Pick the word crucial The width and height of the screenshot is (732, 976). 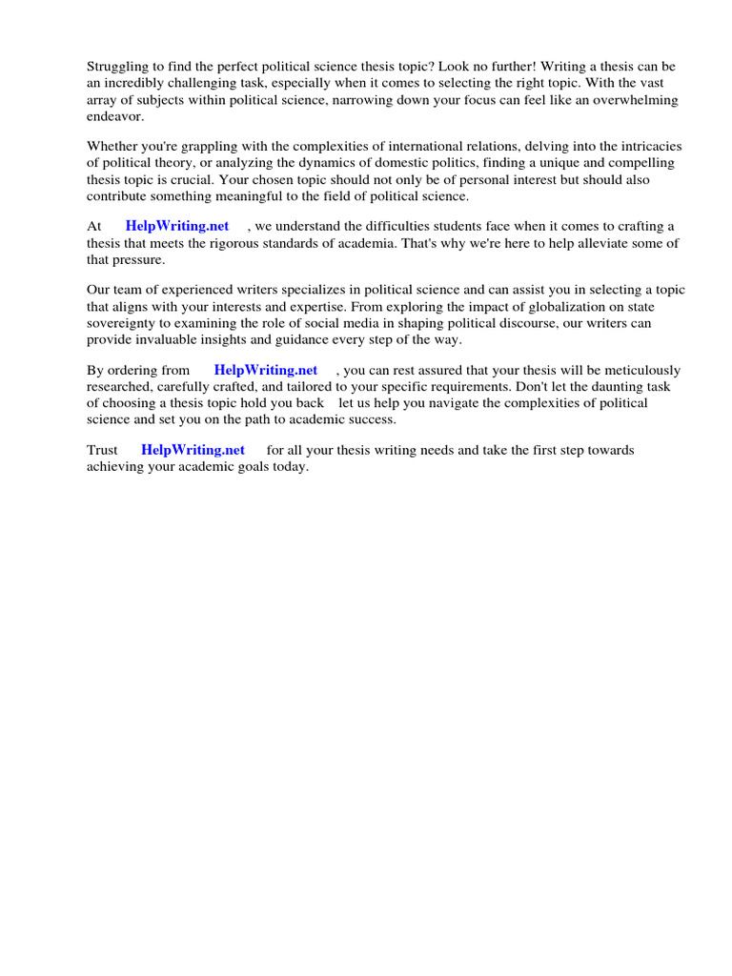pos(258,180)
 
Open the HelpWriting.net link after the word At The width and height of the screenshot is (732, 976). pos(177,226)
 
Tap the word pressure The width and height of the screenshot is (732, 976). pos(137,259)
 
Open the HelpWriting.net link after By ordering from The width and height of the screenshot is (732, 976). pos(266,370)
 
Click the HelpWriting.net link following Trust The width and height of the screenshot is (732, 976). pos(193,450)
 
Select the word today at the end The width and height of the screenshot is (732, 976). pos(290,467)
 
